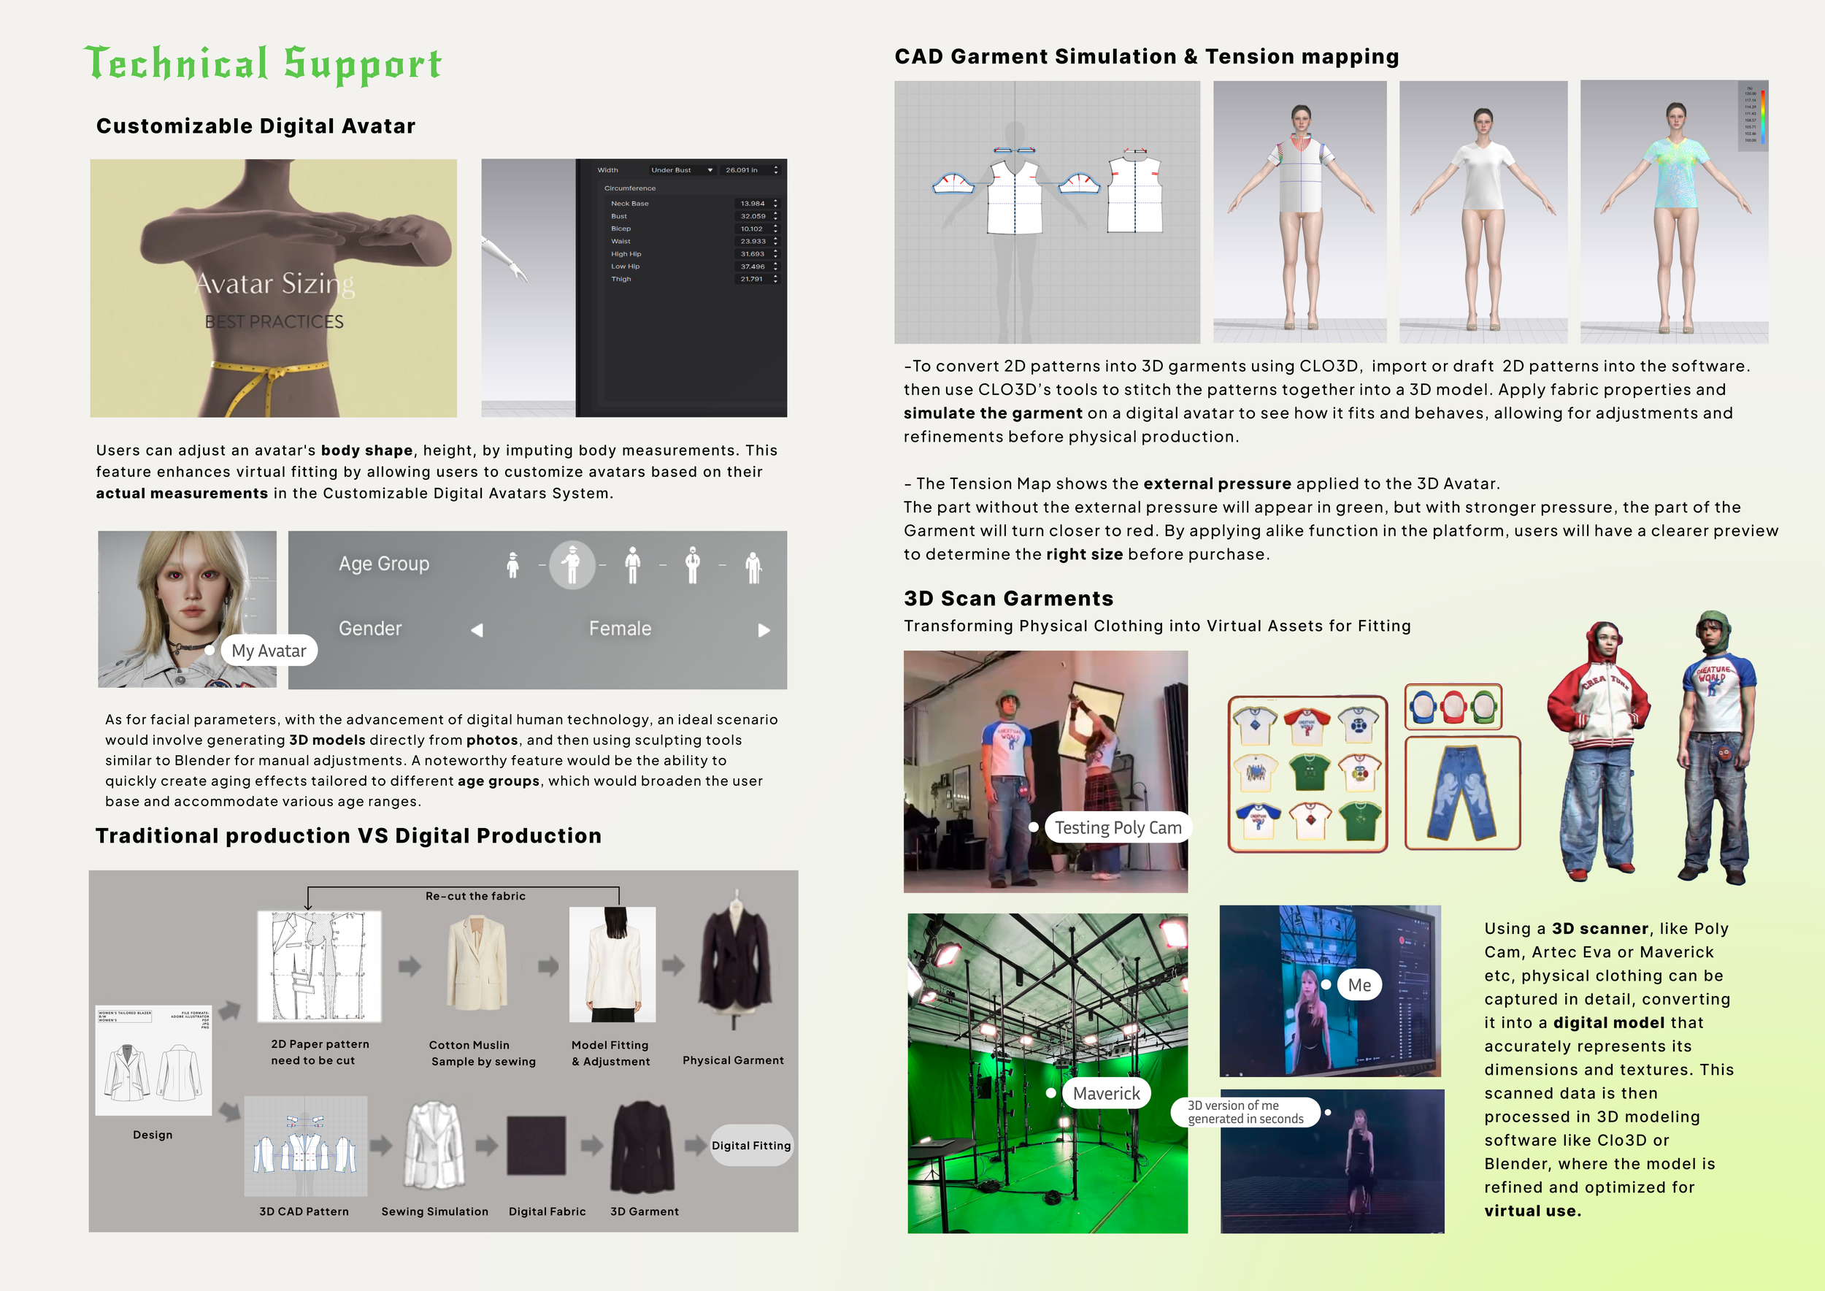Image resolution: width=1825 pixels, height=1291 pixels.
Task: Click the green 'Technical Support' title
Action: (x=262, y=64)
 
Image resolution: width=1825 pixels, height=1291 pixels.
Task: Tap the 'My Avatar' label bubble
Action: (x=269, y=651)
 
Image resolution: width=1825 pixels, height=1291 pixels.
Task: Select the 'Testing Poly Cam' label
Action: (x=1118, y=827)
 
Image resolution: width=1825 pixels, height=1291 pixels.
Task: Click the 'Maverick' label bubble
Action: (x=1106, y=1094)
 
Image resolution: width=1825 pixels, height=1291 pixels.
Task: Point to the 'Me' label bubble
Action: (x=1359, y=985)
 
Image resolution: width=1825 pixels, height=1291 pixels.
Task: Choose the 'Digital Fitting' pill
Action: (x=751, y=1146)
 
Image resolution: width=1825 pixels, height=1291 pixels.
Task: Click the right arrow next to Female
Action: (x=764, y=630)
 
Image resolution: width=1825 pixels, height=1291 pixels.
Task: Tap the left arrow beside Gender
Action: (x=477, y=630)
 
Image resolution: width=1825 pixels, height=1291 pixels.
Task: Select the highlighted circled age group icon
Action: (x=572, y=565)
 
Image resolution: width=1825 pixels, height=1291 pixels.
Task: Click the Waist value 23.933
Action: (x=753, y=242)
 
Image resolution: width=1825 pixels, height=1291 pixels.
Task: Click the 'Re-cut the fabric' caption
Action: (x=475, y=896)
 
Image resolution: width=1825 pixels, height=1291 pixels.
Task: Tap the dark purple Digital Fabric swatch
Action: (x=537, y=1146)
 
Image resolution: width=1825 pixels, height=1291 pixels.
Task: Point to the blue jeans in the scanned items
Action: (x=1461, y=792)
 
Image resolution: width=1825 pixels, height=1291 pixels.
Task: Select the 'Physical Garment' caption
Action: (x=733, y=1060)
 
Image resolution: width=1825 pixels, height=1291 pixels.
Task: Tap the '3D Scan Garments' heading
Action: (x=1008, y=599)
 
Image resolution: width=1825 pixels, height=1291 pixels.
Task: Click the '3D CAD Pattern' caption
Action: (x=304, y=1211)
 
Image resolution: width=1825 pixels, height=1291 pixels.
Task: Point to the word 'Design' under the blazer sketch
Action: (x=153, y=1135)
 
